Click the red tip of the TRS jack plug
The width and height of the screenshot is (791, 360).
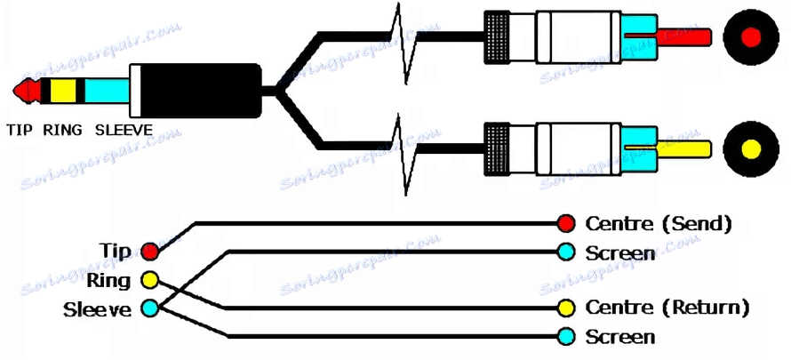tap(28, 91)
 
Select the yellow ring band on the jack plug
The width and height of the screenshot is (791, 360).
tap(63, 91)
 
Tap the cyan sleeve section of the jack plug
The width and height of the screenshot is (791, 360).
tap(107, 91)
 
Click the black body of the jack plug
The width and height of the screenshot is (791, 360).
tap(201, 91)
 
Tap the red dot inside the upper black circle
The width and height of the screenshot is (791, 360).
tap(751, 36)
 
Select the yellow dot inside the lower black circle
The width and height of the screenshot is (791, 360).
tap(751, 148)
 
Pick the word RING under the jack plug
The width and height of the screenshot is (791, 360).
tap(62, 130)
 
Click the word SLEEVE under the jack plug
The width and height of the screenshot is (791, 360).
tap(124, 130)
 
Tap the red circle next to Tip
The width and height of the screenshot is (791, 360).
tap(150, 251)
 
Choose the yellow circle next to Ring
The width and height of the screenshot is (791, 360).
tap(150, 280)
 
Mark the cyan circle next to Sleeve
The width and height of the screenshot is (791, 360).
tap(150, 308)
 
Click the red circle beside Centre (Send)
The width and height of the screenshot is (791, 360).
tap(566, 223)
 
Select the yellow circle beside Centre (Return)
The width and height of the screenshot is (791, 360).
tap(566, 307)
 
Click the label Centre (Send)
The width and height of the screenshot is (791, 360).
tap(659, 223)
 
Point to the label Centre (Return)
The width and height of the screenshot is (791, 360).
tap(667, 307)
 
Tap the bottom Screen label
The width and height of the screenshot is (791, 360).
tap(620, 336)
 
